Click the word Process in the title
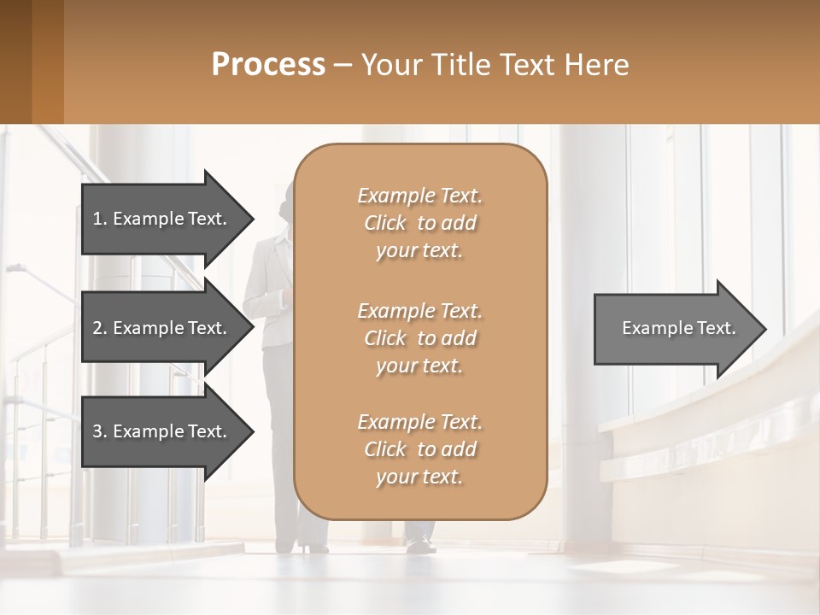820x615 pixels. click(x=268, y=65)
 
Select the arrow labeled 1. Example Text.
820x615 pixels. click(x=160, y=219)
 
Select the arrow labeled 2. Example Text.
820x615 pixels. click(x=160, y=328)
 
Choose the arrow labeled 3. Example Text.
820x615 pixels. click(x=160, y=431)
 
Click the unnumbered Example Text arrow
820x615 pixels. click(x=678, y=328)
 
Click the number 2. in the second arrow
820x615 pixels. click(x=100, y=328)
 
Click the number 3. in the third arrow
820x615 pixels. click(x=100, y=431)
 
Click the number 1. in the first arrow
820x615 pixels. click(x=99, y=219)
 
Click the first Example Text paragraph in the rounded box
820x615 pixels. click(x=419, y=223)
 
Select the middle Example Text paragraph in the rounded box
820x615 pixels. click(x=419, y=337)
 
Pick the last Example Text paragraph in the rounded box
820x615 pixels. click(x=419, y=449)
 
